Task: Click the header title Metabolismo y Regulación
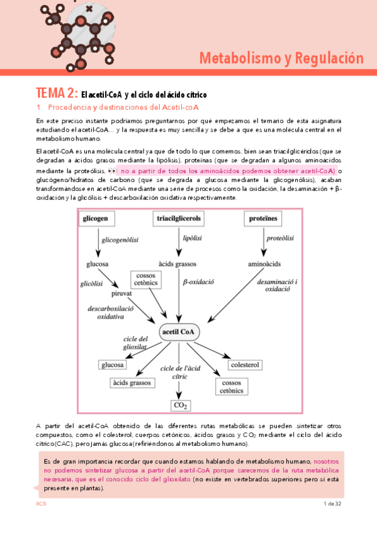click(x=281, y=59)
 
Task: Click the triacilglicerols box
click(x=179, y=219)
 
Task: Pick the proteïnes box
click(x=262, y=219)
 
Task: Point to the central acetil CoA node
click(x=179, y=331)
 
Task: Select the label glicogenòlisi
click(x=120, y=240)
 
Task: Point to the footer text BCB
click(x=42, y=504)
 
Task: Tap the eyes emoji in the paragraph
click(x=111, y=171)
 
